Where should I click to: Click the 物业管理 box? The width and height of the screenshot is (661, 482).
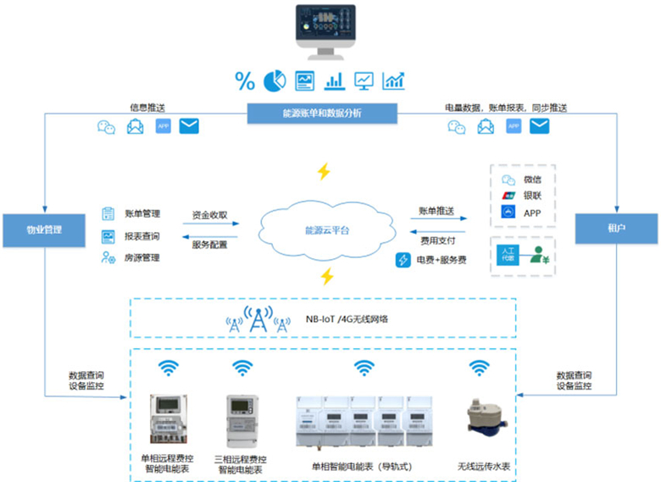(x=44, y=230)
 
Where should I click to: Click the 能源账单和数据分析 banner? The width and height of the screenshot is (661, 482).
(x=321, y=113)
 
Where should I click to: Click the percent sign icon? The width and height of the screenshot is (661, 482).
(x=245, y=80)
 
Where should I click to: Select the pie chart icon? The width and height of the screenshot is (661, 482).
(x=274, y=80)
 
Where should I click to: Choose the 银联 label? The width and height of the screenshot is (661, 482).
(x=532, y=197)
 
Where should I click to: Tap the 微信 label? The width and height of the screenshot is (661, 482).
(x=532, y=180)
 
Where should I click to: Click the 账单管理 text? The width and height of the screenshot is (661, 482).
(x=142, y=214)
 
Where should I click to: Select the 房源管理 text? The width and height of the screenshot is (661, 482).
(x=142, y=258)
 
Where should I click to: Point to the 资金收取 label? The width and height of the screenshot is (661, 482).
(x=209, y=214)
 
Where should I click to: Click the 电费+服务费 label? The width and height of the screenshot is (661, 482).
(x=442, y=259)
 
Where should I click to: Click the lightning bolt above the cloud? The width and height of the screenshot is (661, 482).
(x=323, y=172)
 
